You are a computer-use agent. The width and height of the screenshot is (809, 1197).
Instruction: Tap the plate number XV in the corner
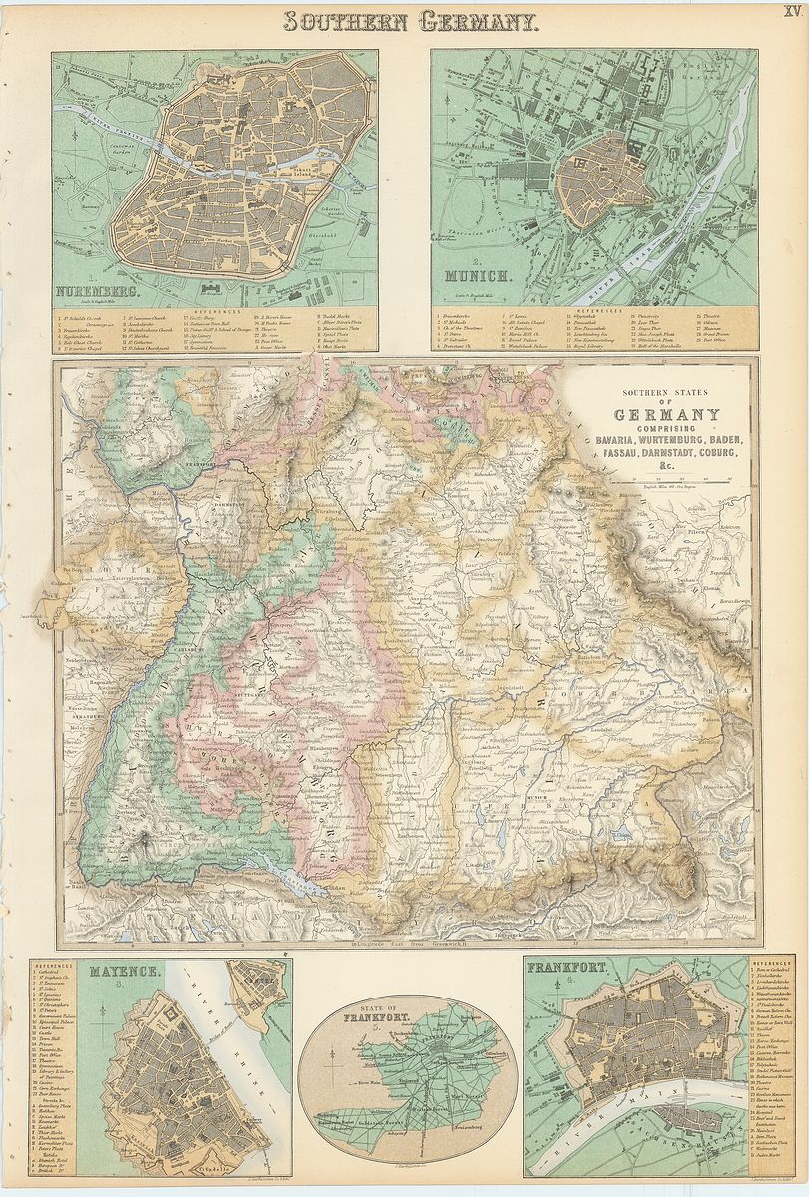(792, 10)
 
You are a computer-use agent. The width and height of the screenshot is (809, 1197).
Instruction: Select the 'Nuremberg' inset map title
(96, 291)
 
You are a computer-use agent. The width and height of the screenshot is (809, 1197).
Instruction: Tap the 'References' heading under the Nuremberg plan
(215, 311)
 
